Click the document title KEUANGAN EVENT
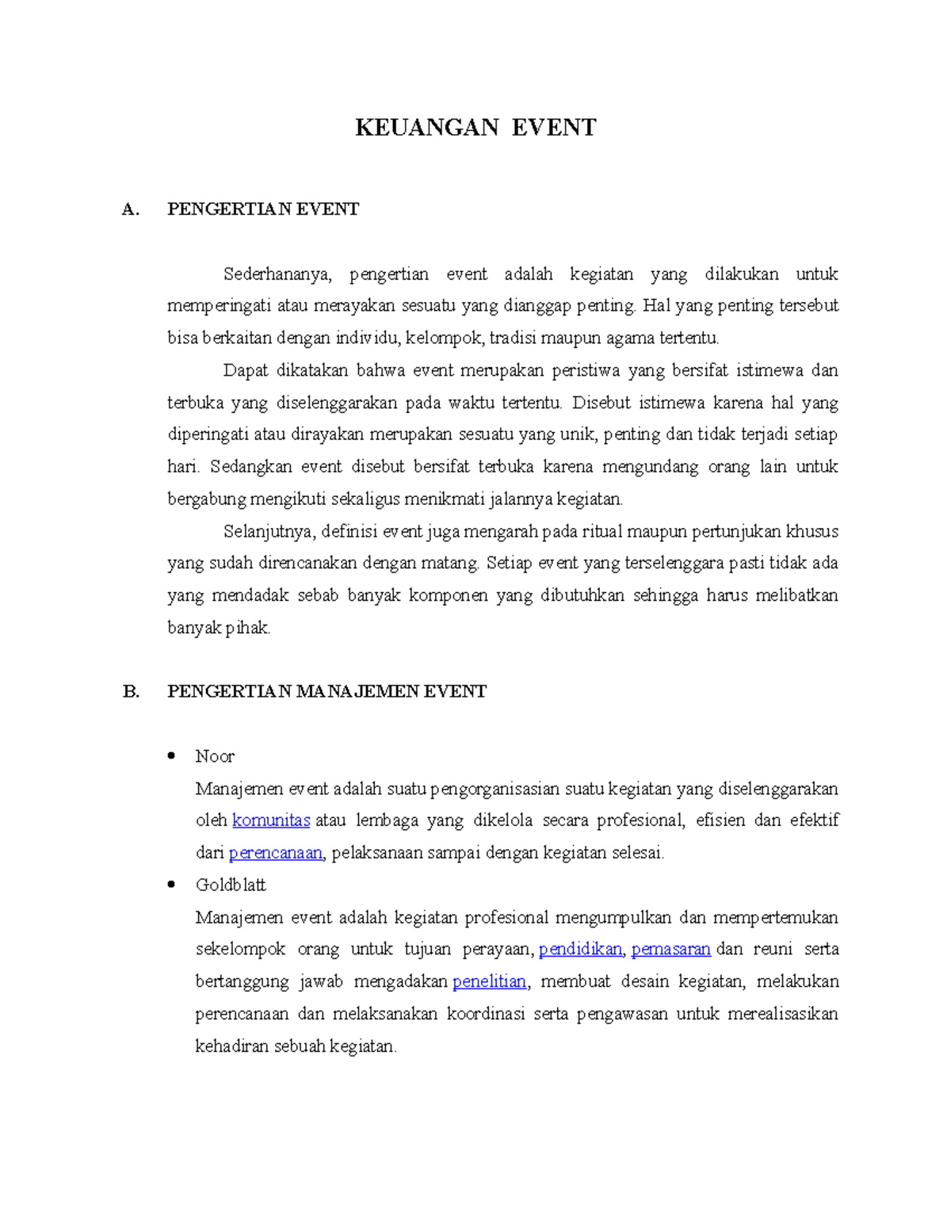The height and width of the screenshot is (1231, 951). (x=475, y=128)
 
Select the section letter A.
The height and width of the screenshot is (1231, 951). (x=131, y=209)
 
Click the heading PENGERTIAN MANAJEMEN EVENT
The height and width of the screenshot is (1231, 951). (x=327, y=692)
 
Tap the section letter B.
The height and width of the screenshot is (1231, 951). (x=131, y=692)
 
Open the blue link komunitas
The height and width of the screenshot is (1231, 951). (x=271, y=820)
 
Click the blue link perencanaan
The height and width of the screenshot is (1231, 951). (x=276, y=853)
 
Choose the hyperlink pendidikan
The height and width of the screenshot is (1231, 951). (x=580, y=950)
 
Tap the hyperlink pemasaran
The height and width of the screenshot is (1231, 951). (x=670, y=950)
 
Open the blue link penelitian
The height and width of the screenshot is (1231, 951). (x=489, y=982)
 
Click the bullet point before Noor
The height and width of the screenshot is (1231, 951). (x=171, y=755)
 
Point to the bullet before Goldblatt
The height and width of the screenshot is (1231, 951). (x=171, y=884)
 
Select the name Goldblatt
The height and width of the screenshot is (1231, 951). (x=231, y=885)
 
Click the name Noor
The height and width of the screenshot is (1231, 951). (x=215, y=756)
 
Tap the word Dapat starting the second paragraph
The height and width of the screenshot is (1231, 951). (x=245, y=371)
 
